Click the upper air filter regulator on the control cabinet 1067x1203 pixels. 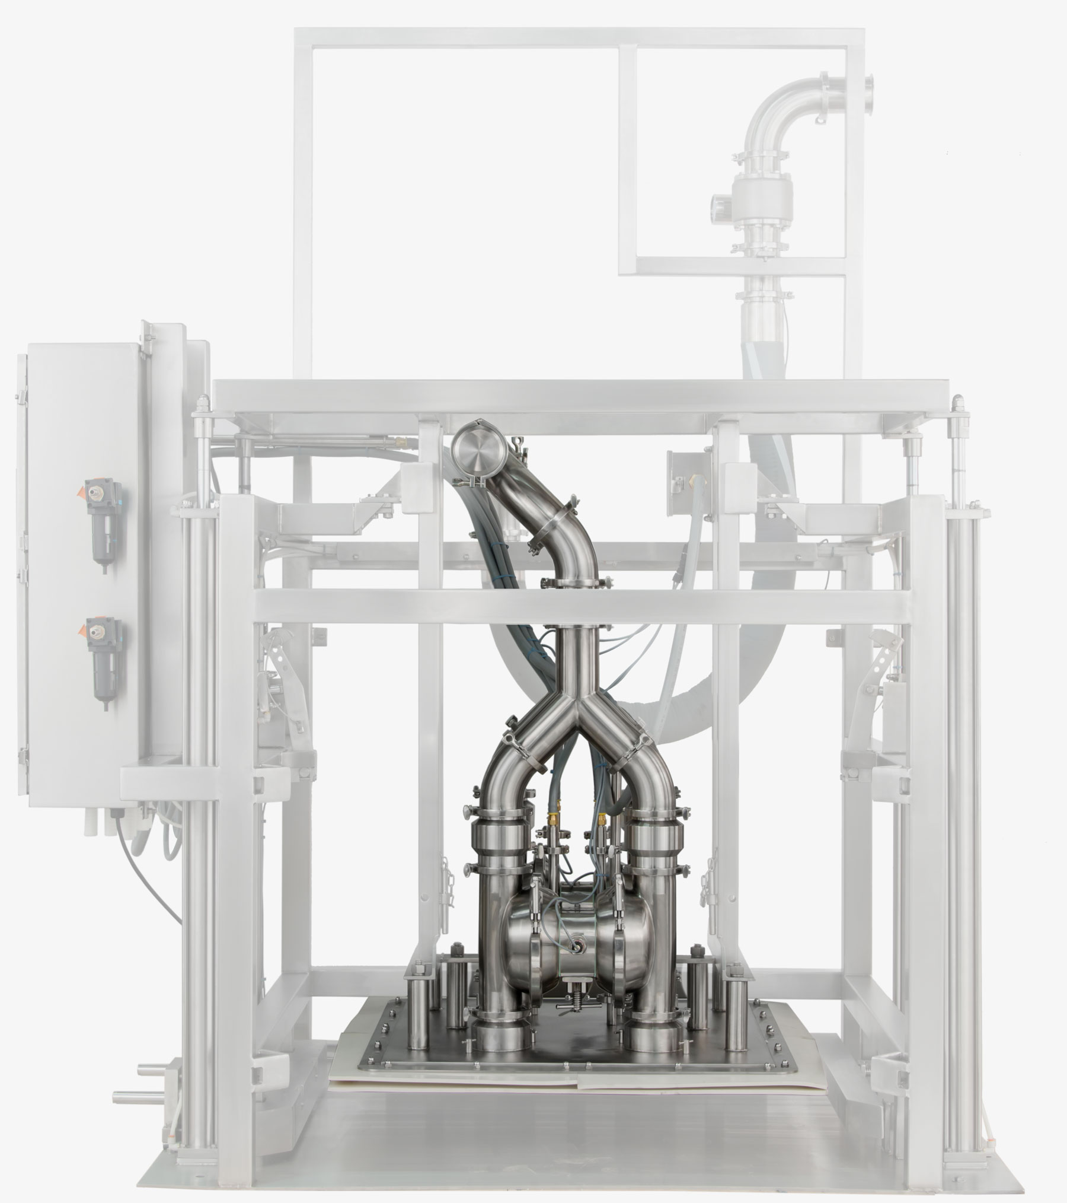102,521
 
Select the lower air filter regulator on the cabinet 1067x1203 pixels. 102,659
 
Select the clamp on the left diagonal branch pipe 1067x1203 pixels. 524,749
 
